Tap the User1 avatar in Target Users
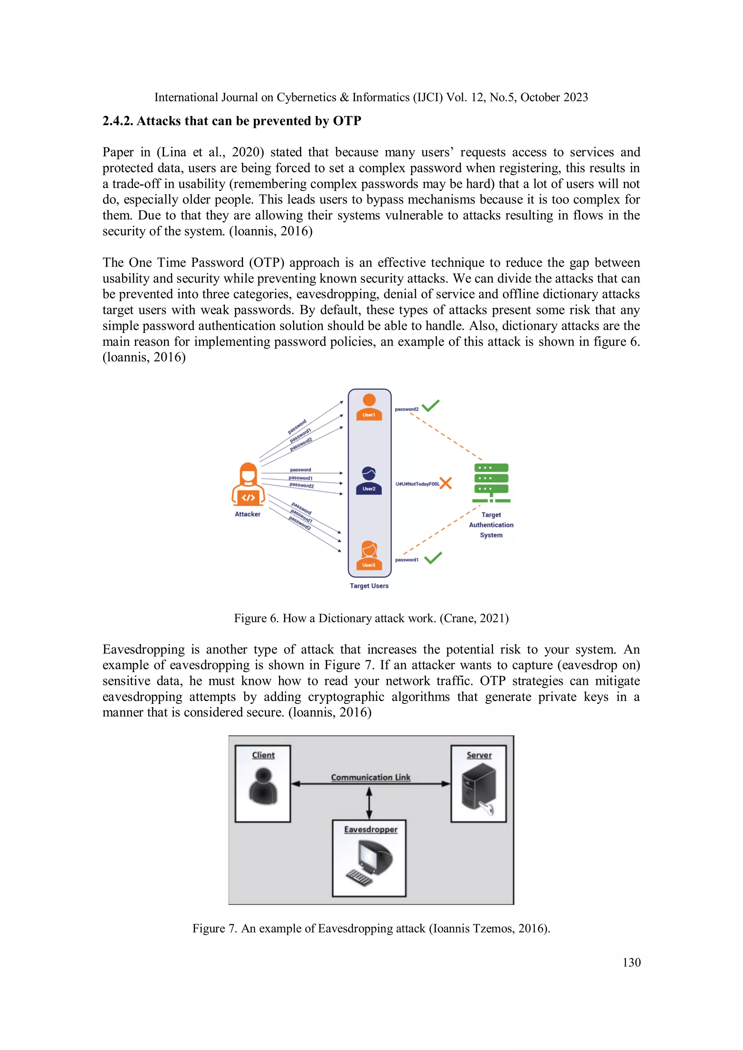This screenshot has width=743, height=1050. (x=369, y=407)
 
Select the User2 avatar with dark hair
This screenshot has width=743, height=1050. (x=369, y=481)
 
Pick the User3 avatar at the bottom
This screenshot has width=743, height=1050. (x=369, y=555)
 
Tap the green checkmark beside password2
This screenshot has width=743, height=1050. (x=430, y=405)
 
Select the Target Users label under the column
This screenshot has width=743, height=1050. (x=369, y=586)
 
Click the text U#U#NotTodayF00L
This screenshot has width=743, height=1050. (x=417, y=484)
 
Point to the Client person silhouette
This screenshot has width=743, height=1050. (x=263, y=786)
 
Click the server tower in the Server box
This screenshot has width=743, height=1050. (x=479, y=787)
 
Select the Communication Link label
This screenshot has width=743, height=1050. (x=370, y=777)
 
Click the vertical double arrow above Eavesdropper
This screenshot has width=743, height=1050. (x=369, y=802)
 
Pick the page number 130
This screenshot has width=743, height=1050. (x=631, y=962)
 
